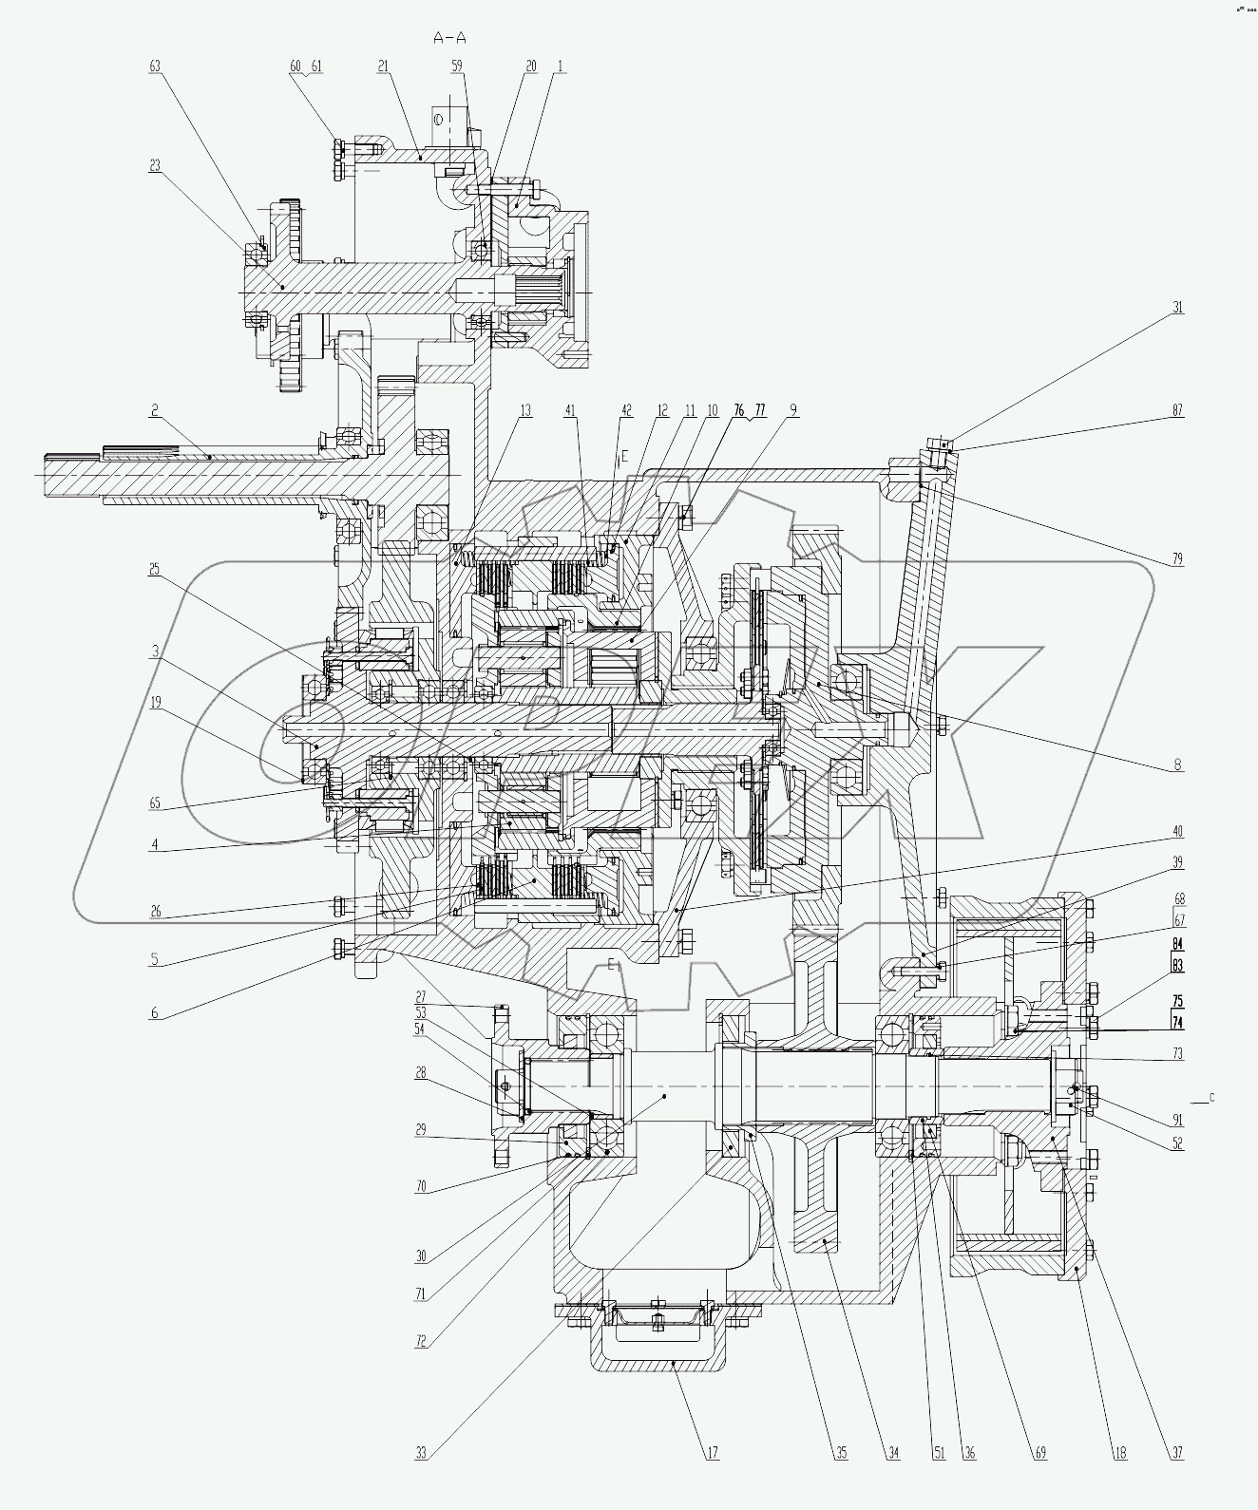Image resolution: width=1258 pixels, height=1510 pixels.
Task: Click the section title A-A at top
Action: (x=449, y=39)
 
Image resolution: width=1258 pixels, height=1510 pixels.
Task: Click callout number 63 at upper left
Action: (x=155, y=66)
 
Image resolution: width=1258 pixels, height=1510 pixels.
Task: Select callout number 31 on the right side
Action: (x=1178, y=308)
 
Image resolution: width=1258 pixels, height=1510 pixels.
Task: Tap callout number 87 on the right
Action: (x=1178, y=411)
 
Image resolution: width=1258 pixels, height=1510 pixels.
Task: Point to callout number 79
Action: (x=1178, y=558)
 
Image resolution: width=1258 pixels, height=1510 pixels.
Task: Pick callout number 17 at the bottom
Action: (x=713, y=1480)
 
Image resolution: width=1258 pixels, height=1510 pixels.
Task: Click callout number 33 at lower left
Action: (x=421, y=1480)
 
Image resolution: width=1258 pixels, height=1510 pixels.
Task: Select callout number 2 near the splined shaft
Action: (x=153, y=411)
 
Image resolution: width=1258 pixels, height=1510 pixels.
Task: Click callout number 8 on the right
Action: (x=1178, y=765)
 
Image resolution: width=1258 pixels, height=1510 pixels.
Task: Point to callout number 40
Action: (x=1178, y=832)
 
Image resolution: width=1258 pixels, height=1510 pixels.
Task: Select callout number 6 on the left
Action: (x=154, y=1013)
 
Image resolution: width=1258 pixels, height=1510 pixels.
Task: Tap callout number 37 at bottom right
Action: (x=1178, y=1480)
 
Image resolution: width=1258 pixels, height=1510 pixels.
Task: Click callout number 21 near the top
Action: (x=383, y=66)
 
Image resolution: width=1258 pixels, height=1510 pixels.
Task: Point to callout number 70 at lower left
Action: (x=421, y=1187)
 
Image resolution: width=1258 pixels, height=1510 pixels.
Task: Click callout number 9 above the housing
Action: (x=792, y=411)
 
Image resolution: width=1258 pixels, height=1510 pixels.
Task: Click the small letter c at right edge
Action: (x=1211, y=1099)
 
